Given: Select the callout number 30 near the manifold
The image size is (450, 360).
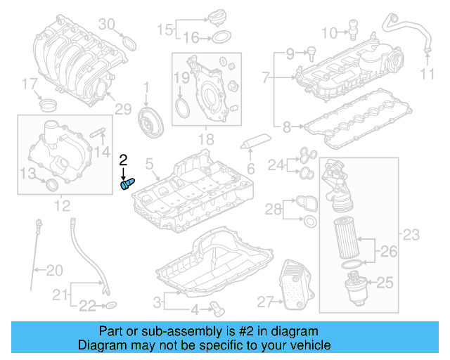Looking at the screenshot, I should [106, 25].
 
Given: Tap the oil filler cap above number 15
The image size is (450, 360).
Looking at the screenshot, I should [218, 15].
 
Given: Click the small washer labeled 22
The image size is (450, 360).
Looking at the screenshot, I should [111, 305].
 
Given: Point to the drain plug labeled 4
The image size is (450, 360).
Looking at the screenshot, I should [215, 307].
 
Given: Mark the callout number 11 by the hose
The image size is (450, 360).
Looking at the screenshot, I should [428, 75].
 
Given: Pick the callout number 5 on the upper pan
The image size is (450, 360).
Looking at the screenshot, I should [149, 164].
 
